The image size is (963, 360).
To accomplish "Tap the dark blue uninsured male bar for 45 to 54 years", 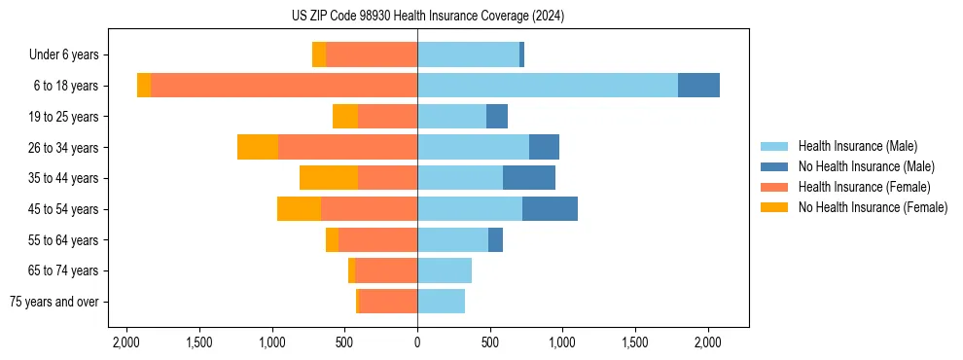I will (550, 209).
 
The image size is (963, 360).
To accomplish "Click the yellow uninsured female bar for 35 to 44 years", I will (329, 178).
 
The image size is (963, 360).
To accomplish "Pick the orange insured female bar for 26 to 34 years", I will (347, 147).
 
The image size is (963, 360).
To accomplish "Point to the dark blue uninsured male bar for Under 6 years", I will (522, 54).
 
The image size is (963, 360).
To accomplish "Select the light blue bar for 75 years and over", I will (441, 302).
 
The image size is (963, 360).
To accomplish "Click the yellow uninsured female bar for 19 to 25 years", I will (345, 117).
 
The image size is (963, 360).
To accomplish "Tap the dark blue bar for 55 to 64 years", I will (495, 239).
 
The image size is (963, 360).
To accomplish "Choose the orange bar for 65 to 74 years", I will (386, 270).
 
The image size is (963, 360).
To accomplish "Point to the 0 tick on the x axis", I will (417, 342).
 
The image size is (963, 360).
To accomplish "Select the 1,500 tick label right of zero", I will (635, 342).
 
